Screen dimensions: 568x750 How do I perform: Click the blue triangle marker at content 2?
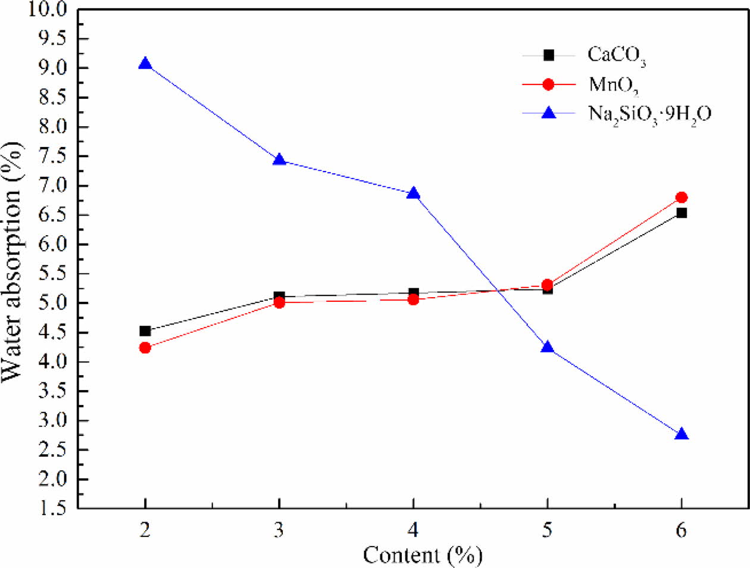tap(145, 64)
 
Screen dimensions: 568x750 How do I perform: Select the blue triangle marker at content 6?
tap(682, 435)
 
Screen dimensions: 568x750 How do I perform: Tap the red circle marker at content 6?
tap(682, 197)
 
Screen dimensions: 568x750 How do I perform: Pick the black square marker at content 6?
tap(682, 213)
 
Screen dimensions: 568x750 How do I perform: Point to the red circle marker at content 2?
tap(145, 348)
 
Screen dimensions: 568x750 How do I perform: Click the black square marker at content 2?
tap(145, 331)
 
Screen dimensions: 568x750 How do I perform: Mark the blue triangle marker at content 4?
tap(413, 194)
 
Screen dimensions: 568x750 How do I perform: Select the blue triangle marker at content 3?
tap(279, 160)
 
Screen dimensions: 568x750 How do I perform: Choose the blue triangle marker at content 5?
tap(548, 348)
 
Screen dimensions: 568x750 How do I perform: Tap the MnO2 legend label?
tap(614, 85)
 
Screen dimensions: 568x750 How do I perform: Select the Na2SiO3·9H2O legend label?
tap(649, 114)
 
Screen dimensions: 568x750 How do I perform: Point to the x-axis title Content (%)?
tap(422, 555)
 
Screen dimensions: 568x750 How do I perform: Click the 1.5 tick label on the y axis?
tap(54, 508)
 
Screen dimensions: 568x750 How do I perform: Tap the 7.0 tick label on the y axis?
tap(54, 186)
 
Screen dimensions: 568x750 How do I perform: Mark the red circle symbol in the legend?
tap(548, 85)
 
